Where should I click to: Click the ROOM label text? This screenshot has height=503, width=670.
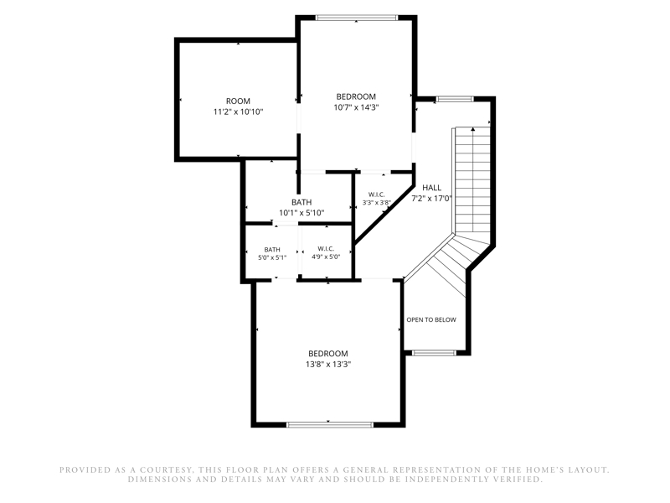(238, 101)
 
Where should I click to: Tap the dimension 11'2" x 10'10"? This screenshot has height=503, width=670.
(238, 112)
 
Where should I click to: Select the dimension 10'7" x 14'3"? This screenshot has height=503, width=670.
(357, 107)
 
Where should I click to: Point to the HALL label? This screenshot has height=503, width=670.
(431, 188)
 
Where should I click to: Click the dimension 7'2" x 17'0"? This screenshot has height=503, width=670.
(431, 199)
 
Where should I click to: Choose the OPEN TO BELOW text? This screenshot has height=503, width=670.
(431, 320)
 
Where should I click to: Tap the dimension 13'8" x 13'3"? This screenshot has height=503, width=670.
(328, 365)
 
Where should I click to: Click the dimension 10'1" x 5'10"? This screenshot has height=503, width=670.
(301, 213)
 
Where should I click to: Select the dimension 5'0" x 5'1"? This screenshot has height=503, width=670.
(272, 257)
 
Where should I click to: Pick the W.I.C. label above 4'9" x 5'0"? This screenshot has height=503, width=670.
(326, 248)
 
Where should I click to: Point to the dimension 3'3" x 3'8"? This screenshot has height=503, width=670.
(376, 203)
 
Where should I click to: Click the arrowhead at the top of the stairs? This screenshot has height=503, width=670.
(473, 129)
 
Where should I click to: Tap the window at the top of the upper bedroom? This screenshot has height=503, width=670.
(357, 18)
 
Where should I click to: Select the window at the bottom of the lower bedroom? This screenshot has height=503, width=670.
(330, 425)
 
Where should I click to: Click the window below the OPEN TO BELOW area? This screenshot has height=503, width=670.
(435, 353)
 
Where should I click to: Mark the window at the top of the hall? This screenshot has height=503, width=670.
(455, 99)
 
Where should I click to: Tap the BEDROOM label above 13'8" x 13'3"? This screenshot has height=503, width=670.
(328, 354)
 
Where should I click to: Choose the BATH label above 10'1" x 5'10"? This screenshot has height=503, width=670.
(301, 202)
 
